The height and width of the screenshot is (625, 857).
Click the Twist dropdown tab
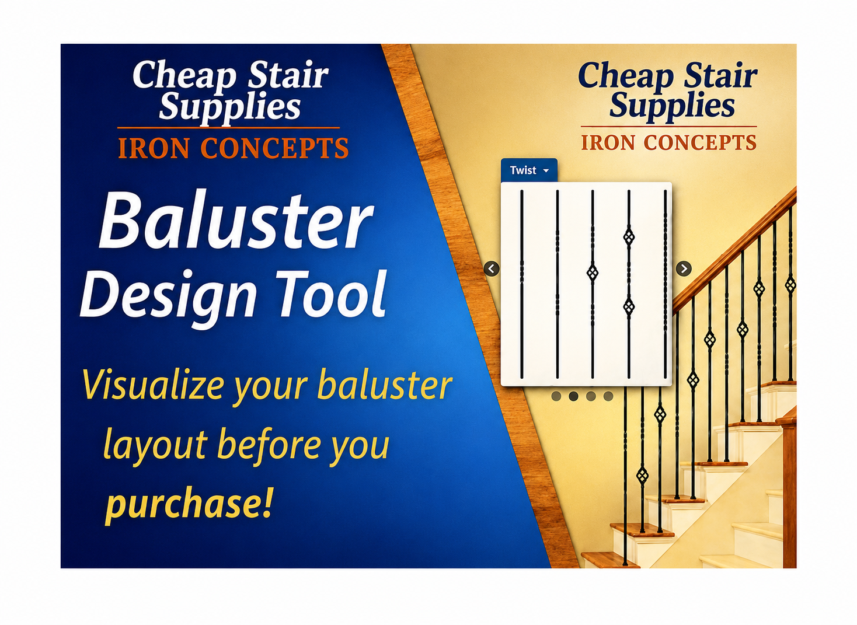[x=529, y=170]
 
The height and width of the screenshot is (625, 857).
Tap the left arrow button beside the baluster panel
[x=492, y=268]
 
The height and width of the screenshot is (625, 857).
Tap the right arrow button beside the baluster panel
[x=684, y=268]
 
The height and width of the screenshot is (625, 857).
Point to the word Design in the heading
[x=168, y=298]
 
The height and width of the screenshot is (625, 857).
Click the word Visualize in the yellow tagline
[x=153, y=385]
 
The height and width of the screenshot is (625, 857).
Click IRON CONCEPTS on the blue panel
[x=234, y=148]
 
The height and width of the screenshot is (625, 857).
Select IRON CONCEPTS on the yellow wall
[x=669, y=142]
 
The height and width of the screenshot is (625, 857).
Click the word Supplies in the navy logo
[x=672, y=106]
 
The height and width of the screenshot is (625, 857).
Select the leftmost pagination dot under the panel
[x=556, y=396]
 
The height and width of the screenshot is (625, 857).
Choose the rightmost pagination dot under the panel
[x=608, y=396]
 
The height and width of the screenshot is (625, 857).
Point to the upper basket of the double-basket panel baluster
[x=629, y=237]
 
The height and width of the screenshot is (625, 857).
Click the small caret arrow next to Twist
[x=546, y=170]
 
